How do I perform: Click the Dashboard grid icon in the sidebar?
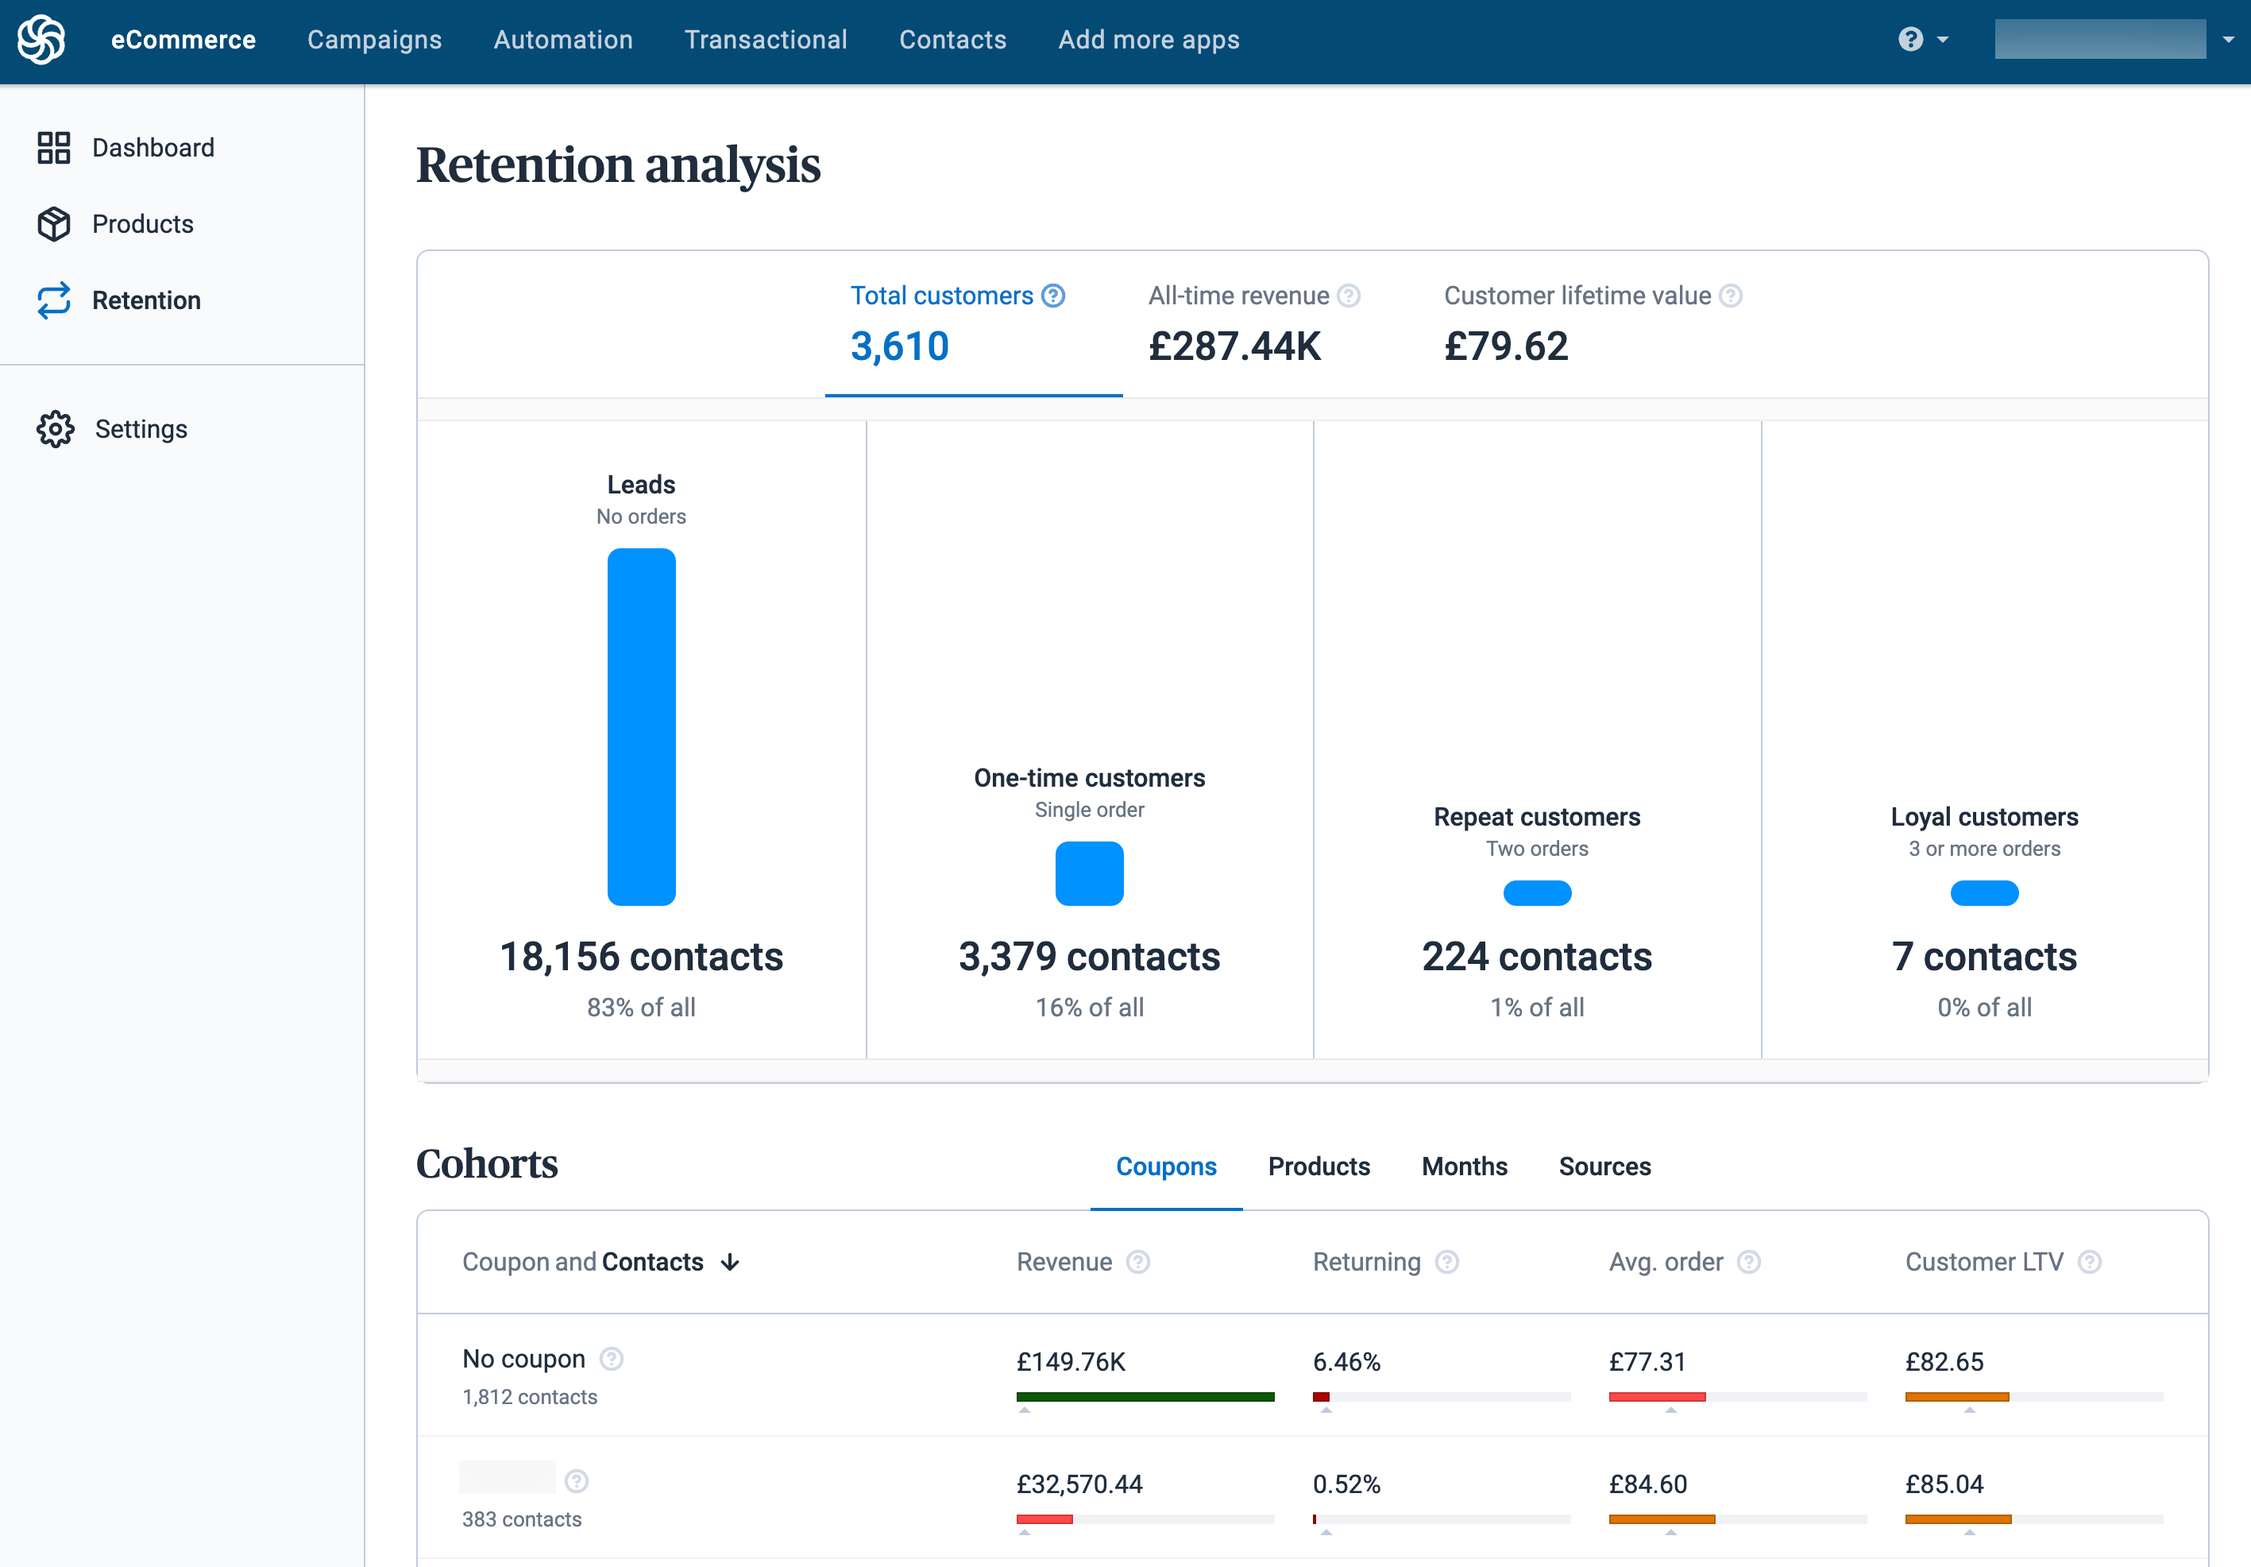54,148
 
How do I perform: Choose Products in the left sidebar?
142,225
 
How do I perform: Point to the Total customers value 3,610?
899,346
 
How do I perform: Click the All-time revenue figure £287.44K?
1234,346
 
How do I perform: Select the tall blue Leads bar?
641,725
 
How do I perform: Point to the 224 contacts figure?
1536,956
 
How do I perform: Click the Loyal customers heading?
1983,817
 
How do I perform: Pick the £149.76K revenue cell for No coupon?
1071,1361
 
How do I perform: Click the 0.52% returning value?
1346,1484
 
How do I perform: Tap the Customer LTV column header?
1983,1262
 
